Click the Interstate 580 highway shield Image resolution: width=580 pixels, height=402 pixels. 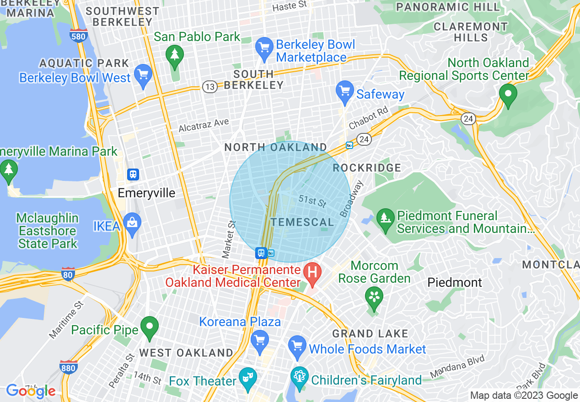tap(79, 36)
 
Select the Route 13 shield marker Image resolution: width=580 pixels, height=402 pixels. tap(210, 87)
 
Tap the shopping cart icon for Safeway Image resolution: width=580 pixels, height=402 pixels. tap(344, 91)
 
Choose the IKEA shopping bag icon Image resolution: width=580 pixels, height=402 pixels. tap(132, 223)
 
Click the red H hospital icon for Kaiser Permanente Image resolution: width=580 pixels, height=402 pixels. tap(312, 273)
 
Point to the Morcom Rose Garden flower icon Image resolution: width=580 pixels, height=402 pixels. tap(374, 297)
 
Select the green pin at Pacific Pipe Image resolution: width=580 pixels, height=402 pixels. tap(149, 327)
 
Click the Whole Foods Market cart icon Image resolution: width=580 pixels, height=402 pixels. tap(297, 346)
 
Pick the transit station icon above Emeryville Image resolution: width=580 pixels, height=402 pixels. tap(133, 174)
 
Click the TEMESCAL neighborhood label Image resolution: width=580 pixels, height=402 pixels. tap(302, 222)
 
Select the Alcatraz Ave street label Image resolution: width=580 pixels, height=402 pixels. tap(204, 125)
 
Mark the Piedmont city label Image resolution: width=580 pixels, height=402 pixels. tap(454, 283)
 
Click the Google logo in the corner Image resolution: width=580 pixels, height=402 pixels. tap(31, 391)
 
